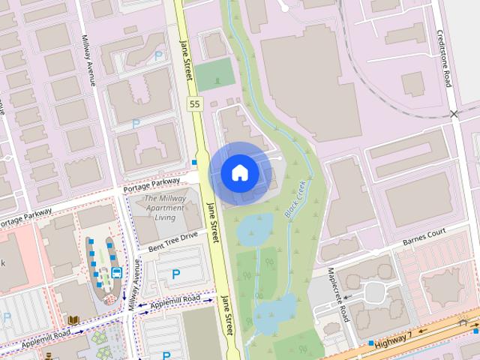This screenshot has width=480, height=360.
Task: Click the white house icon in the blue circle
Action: pos(240,172)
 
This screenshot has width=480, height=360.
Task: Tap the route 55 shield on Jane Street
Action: pos(194,103)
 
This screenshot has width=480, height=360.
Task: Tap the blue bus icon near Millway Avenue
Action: pos(116,272)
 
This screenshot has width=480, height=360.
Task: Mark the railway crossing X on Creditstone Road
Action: pos(454,114)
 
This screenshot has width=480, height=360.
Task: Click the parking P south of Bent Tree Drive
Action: pos(176,274)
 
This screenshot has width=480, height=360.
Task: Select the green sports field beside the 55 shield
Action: pos(215,75)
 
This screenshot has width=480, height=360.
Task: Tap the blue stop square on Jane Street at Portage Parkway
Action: pos(194,162)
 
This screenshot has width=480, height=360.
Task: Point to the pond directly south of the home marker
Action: pos(255,229)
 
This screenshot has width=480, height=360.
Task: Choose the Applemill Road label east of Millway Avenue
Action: pos(175,301)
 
